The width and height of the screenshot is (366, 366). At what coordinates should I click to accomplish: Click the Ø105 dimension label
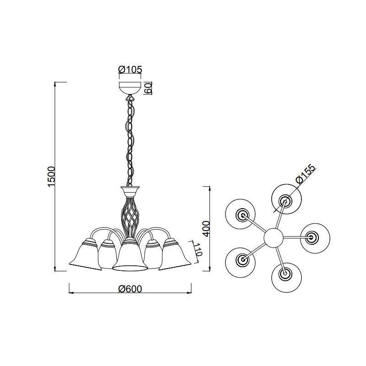point(130,70)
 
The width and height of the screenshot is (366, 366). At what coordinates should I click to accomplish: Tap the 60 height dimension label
point(149,88)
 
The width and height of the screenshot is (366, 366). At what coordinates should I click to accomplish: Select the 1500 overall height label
point(51,177)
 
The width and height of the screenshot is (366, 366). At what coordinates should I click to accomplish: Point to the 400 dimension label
point(206,229)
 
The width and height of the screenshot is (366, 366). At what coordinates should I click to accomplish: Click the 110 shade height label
point(198,249)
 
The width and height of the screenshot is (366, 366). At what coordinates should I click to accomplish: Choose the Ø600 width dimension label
point(130,289)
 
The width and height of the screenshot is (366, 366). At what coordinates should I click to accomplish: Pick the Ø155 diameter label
point(306,174)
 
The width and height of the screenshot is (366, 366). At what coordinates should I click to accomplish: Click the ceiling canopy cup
point(130,88)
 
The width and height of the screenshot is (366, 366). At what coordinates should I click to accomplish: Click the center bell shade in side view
point(130,254)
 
